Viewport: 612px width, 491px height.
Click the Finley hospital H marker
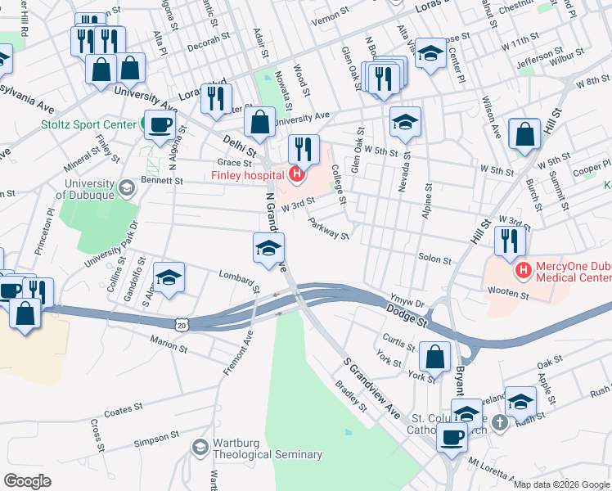point(297,174)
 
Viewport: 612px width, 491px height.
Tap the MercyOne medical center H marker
point(520,268)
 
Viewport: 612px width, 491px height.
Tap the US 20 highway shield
point(181,324)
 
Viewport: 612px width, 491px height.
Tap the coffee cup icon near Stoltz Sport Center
point(160,124)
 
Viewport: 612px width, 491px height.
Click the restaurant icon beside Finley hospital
point(304,148)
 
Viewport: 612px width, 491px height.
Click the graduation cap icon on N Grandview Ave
point(268,249)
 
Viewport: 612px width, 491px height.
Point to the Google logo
point(28,481)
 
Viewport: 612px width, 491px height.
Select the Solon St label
point(435,259)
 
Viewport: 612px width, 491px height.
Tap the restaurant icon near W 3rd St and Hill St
point(510,240)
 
